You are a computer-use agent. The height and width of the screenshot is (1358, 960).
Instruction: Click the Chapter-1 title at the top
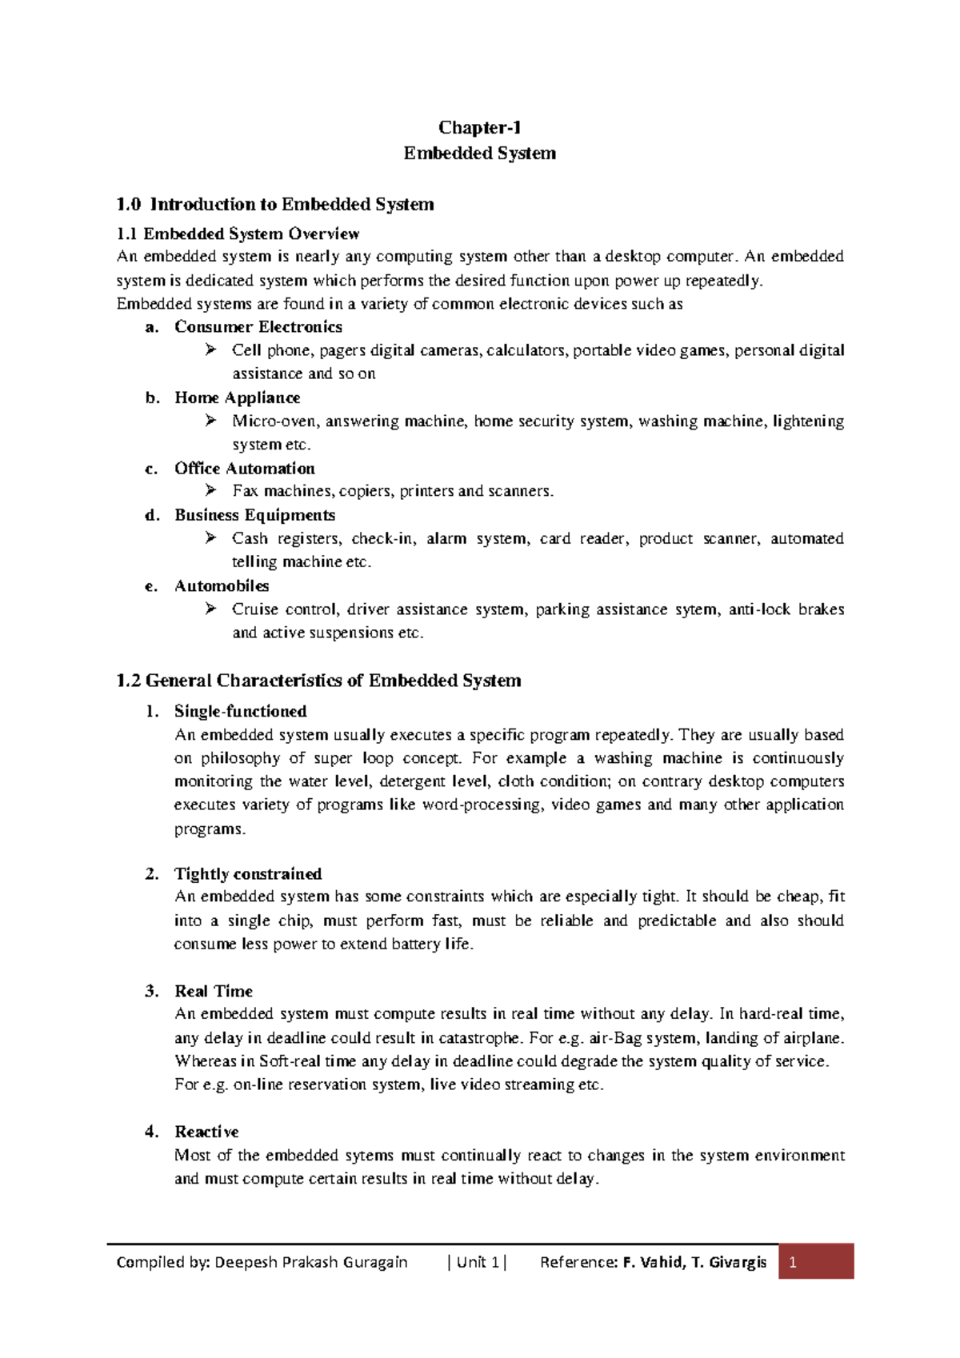coord(480,128)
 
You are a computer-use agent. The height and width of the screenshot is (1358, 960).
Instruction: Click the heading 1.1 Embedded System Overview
coord(238,234)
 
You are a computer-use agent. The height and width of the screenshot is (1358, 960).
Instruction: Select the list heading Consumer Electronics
coord(258,327)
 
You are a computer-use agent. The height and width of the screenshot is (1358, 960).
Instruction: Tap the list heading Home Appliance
coord(238,398)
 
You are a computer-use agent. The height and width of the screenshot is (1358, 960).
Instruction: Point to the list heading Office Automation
coord(245,469)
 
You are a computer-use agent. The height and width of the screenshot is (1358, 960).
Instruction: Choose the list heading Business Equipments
coord(254,515)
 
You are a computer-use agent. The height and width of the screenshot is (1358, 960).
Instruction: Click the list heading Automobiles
coord(222,586)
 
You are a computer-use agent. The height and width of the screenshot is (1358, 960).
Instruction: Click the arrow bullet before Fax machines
coord(210,490)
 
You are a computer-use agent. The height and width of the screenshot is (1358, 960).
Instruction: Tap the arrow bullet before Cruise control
coord(210,609)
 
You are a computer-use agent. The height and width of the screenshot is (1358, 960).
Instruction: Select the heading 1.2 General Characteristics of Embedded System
coord(318,681)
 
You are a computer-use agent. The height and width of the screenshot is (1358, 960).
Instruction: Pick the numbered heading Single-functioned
coord(240,712)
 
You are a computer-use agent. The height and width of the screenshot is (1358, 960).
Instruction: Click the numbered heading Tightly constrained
coord(248,874)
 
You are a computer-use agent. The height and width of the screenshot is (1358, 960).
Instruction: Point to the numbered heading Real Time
coord(214,992)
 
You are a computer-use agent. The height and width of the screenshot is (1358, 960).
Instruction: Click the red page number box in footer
coord(816,1262)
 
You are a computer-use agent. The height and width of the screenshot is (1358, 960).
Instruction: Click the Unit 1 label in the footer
coord(478,1263)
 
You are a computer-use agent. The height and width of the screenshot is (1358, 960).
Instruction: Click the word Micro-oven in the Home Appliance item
coord(274,421)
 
